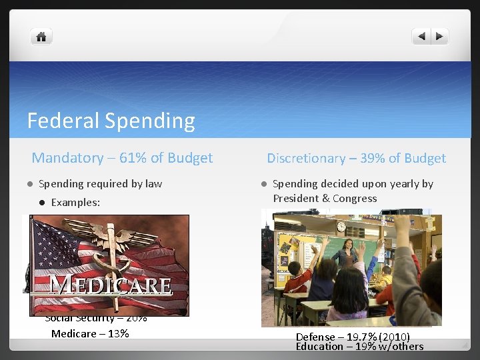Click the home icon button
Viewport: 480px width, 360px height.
[x=41, y=37]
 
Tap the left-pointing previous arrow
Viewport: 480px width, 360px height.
[x=421, y=37]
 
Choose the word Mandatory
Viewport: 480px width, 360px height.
[x=67, y=158]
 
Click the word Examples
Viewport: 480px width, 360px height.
[x=75, y=202]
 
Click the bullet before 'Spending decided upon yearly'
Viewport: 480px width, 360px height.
[x=263, y=184]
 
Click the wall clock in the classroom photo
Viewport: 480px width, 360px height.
[x=341, y=227]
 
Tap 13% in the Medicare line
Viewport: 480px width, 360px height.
[x=117, y=333]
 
